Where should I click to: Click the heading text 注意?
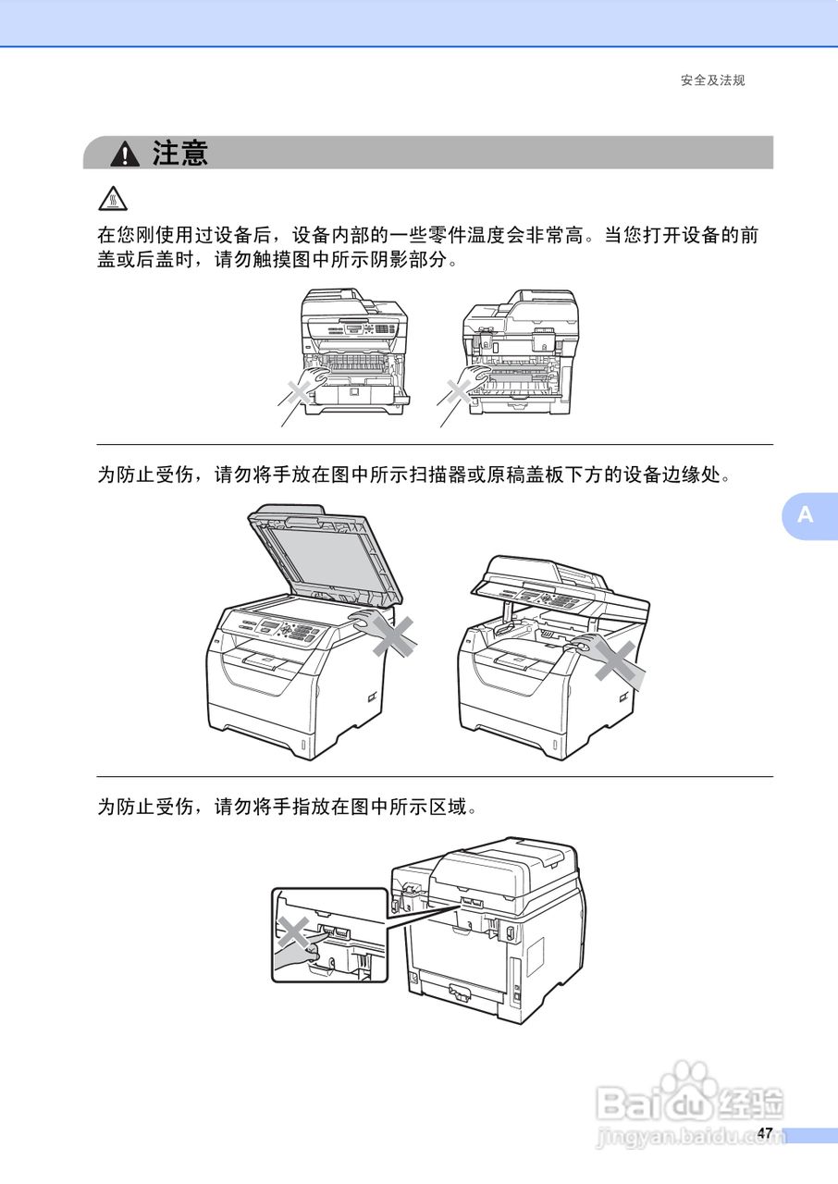click(x=181, y=153)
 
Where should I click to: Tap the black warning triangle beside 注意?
click(x=124, y=154)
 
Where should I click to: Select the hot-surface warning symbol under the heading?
click(x=111, y=198)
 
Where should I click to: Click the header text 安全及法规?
click(x=712, y=80)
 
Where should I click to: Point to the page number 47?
click(x=764, y=1133)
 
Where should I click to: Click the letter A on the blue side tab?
click(x=806, y=515)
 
